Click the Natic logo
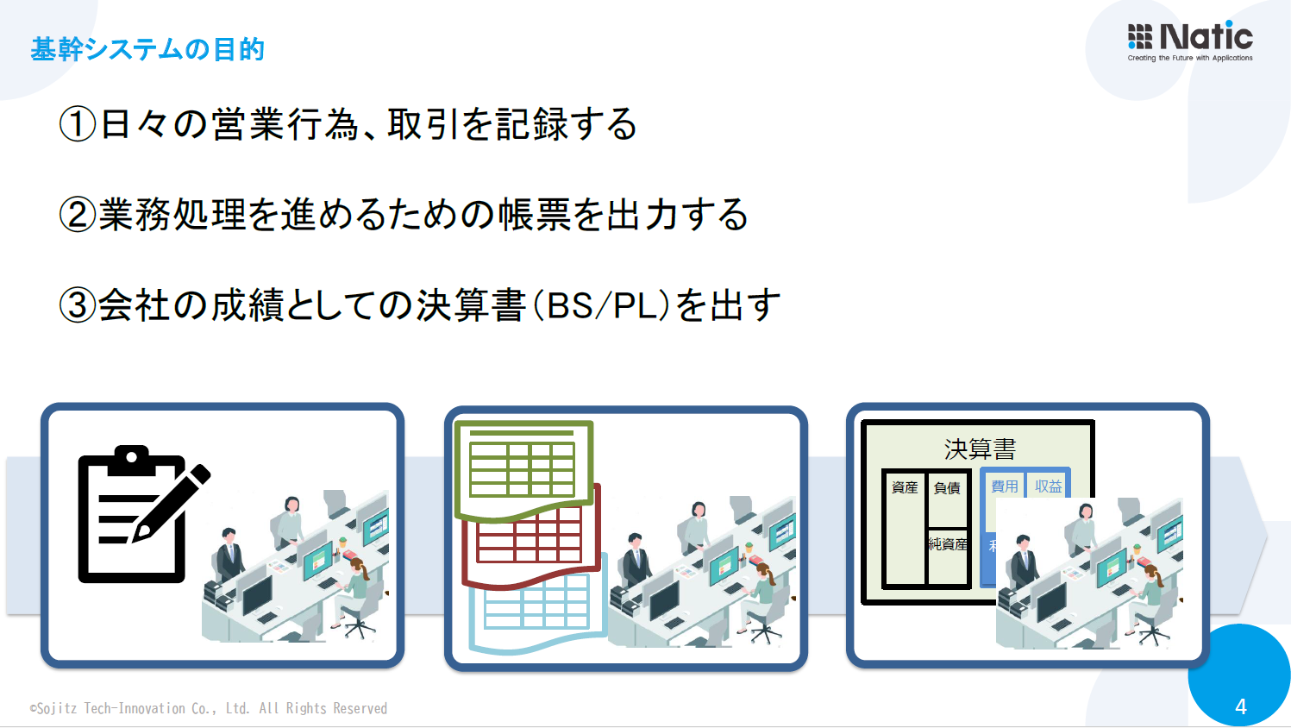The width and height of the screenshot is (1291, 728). (1189, 37)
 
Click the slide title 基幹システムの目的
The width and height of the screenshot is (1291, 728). (147, 50)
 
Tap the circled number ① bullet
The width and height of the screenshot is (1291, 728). (77, 124)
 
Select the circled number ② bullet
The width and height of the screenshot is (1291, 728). (77, 215)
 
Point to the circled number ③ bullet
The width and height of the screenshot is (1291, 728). (77, 305)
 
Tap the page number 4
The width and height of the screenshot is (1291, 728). (1240, 706)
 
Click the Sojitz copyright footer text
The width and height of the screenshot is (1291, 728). (209, 708)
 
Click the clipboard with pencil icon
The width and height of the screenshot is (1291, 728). (138, 514)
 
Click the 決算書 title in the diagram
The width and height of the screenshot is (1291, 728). (980, 449)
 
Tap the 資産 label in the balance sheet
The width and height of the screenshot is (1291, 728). (905, 487)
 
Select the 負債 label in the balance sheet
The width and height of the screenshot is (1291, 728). (947, 488)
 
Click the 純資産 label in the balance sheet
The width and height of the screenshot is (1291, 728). (948, 544)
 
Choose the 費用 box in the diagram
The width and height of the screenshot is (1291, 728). (1004, 486)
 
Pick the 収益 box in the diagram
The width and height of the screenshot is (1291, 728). (1049, 486)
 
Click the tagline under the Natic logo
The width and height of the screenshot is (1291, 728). (1190, 59)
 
